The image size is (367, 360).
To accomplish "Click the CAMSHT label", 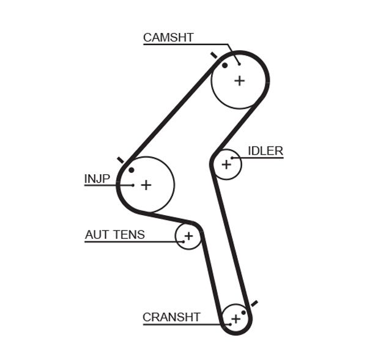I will click(168, 37).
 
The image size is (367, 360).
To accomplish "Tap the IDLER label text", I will click(265, 151).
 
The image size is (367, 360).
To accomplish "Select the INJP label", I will click(97, 178).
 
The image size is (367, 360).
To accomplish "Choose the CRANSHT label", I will click(171, 317).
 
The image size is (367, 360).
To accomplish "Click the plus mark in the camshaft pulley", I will click(239, 80).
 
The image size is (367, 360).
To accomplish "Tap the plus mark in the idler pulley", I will click(227, 164).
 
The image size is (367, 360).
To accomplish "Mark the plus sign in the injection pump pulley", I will click(146, 185).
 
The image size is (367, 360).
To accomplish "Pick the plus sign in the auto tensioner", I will click(188, 236).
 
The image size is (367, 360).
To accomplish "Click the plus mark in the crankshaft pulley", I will click(235, 318).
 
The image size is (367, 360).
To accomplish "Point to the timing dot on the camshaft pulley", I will click(225, 65).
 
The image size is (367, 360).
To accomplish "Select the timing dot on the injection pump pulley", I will click(131, 169).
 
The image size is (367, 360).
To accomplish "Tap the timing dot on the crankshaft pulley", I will click(243, 312).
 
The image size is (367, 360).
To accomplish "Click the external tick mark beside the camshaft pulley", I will click(213, 56).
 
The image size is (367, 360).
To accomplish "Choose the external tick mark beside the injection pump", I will click(120, 160).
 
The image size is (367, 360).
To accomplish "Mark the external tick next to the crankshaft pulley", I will click(254, 303).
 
